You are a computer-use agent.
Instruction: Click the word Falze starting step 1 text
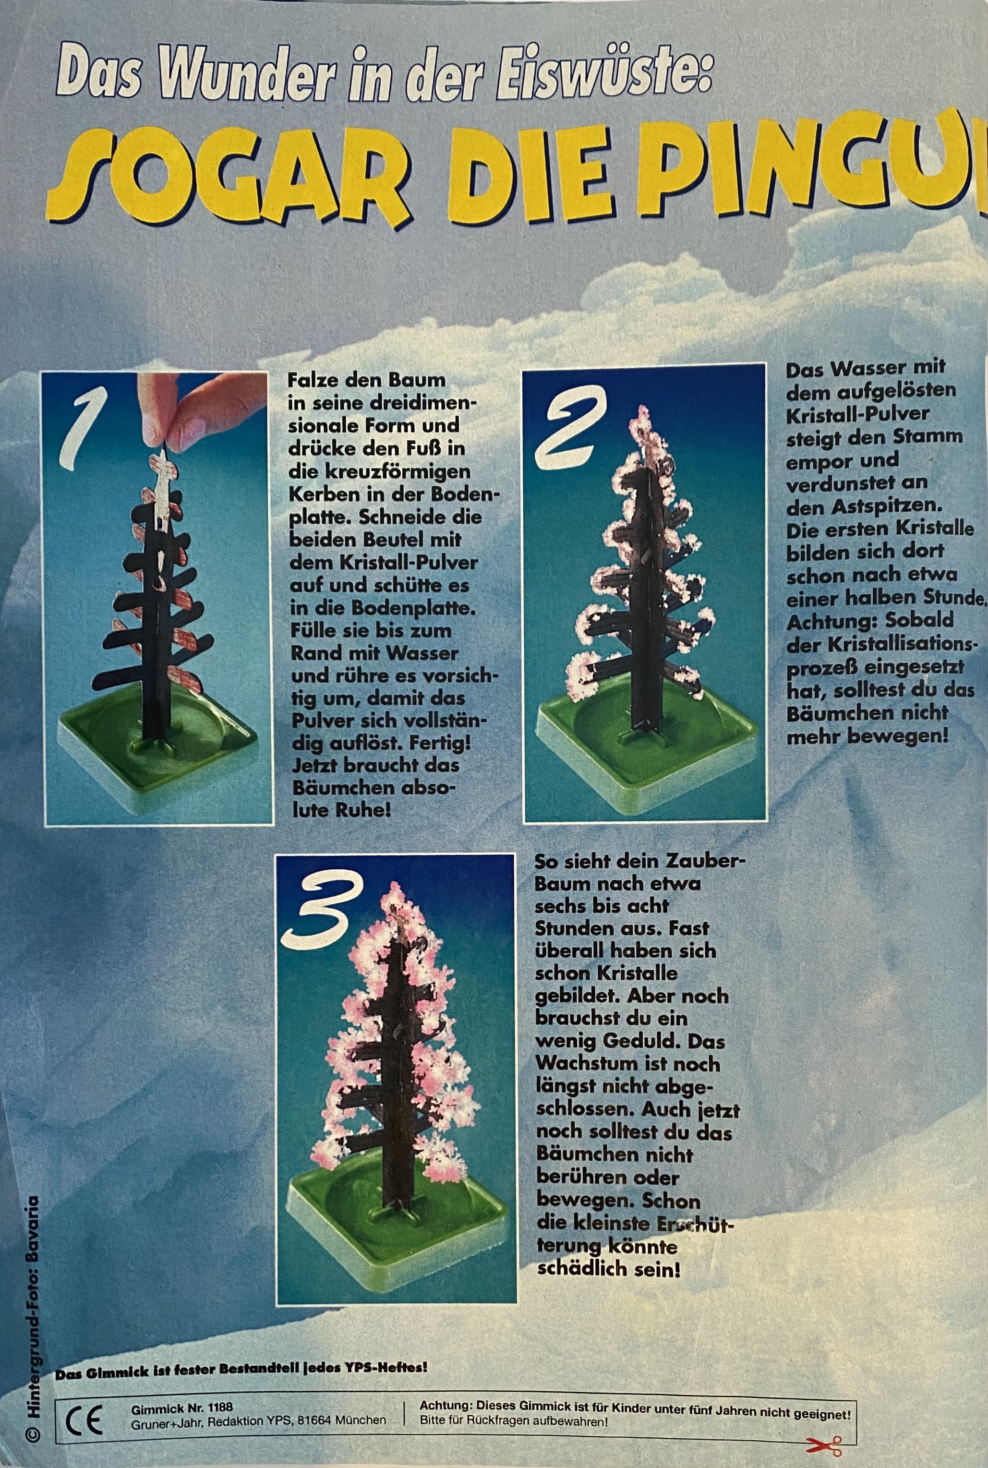(313, 381)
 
